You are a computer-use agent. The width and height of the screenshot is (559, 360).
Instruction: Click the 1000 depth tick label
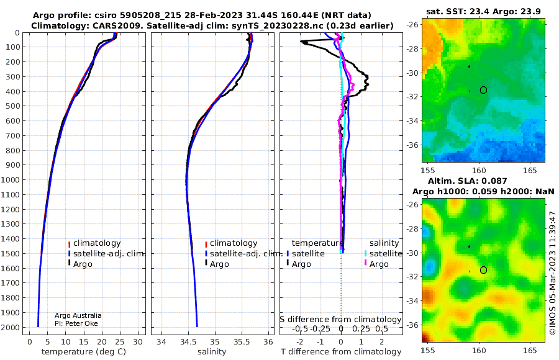point(10,179)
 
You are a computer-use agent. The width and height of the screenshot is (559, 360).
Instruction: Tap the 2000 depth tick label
point(10,327)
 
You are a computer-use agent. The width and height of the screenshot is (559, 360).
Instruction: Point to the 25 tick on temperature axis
point(120,341)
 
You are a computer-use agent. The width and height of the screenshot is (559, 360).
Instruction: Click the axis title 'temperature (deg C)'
point(84,352)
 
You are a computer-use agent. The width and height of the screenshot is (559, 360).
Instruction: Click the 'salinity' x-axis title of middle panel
point(212,352)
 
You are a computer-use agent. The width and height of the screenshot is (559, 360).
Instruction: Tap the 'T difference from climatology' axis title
point(341,352)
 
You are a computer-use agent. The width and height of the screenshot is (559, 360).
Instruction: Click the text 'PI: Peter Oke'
point(76,323)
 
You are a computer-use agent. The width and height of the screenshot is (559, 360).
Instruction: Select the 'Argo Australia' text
point(78,315)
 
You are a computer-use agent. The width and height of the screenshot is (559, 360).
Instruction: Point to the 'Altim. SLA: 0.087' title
point(467,181)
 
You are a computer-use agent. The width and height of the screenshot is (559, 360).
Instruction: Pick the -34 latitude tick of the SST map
point(412,121)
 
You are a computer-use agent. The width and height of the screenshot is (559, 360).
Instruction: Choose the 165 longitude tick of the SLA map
point(530,350)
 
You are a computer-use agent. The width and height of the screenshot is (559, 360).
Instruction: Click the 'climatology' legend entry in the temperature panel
point(94,243)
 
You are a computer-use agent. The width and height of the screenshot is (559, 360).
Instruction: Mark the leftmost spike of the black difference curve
point(301,42)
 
